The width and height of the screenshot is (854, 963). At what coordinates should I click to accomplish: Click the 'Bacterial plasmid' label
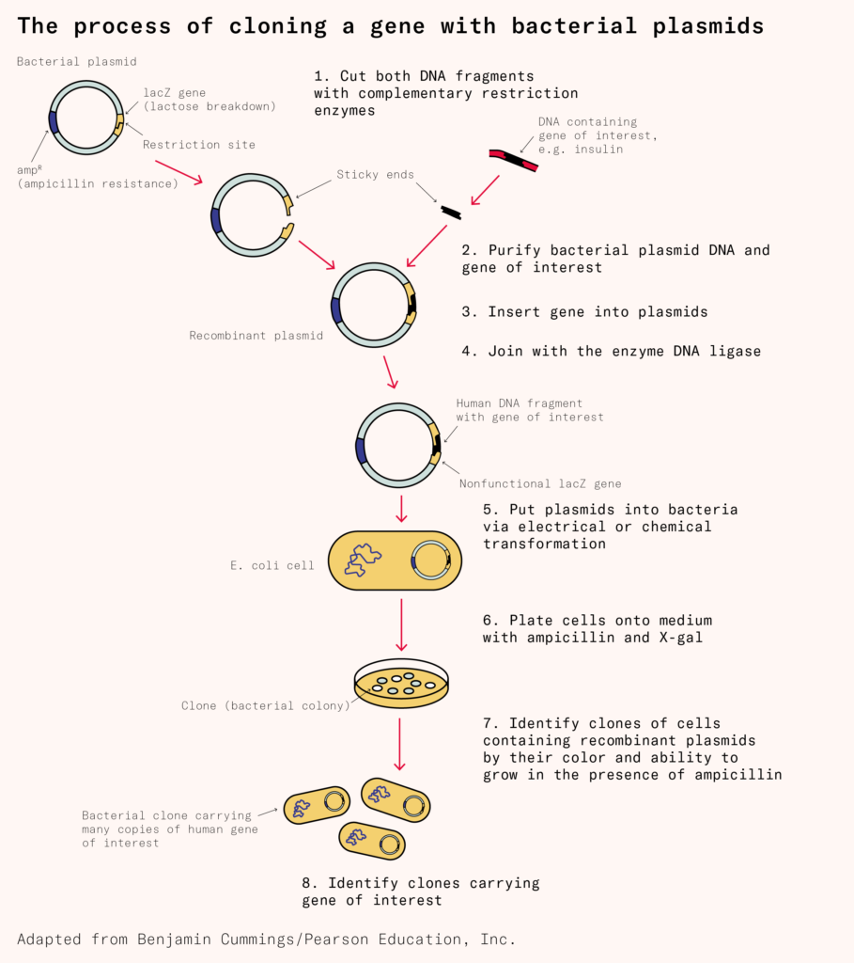77,62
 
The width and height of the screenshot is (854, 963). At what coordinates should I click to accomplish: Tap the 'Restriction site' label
198,145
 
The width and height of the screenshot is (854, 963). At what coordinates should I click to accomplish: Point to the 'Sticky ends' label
375,175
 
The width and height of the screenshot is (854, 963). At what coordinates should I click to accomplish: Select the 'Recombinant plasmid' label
244,335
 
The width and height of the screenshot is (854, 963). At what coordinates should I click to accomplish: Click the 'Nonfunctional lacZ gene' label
540,483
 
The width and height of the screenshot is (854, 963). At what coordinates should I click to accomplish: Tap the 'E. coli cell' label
272,565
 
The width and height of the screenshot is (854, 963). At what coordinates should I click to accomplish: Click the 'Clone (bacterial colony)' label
265,705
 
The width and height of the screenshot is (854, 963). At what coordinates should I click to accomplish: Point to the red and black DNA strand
513,159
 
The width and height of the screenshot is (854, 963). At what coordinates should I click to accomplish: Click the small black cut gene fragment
451,213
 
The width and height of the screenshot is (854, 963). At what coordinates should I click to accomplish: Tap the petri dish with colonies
401,684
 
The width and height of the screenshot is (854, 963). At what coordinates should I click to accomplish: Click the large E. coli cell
395,561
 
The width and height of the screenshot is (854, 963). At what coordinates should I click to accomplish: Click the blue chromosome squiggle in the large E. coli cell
361,560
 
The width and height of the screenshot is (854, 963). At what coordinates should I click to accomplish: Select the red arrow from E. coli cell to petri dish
401,624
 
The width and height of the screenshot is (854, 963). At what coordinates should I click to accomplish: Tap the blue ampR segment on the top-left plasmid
54,120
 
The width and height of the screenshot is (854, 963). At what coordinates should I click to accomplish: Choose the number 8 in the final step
307,883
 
